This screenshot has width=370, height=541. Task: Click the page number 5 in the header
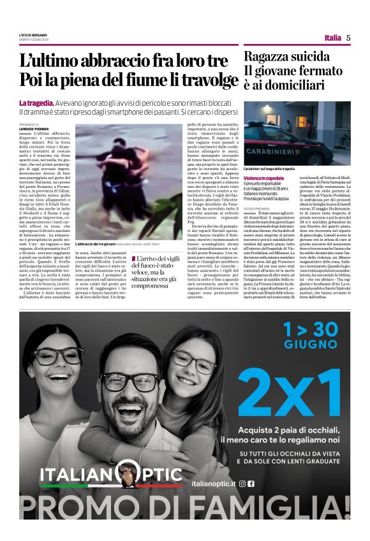348,38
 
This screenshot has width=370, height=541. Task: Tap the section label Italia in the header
332,38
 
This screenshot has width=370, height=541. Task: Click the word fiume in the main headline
146,80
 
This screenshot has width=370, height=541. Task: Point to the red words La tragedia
36,103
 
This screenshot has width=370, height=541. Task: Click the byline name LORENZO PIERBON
33,129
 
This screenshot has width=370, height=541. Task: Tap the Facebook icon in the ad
251,484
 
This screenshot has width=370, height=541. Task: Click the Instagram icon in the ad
242,484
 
